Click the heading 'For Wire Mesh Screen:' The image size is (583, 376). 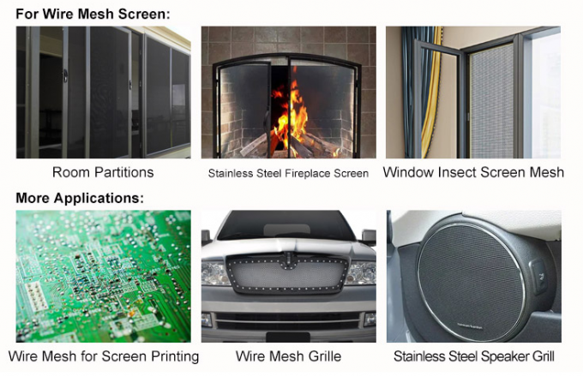coord(93,14)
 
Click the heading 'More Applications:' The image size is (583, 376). coord(80,198)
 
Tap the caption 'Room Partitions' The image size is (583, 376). coord(103,172)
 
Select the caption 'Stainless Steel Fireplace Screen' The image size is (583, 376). coord(288,173)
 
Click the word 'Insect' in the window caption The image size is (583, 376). coord(457,172)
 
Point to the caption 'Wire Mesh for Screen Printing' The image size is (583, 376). coord(104,356)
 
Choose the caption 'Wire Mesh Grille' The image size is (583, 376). coord(289,356)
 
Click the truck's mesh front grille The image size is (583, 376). coord(287,274)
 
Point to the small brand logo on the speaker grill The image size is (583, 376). coord(470,326)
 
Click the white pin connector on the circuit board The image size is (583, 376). coord(36,295)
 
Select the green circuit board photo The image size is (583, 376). coord(104,276)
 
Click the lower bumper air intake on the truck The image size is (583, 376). coord(287,320)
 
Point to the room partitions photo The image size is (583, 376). coord(104,93)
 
